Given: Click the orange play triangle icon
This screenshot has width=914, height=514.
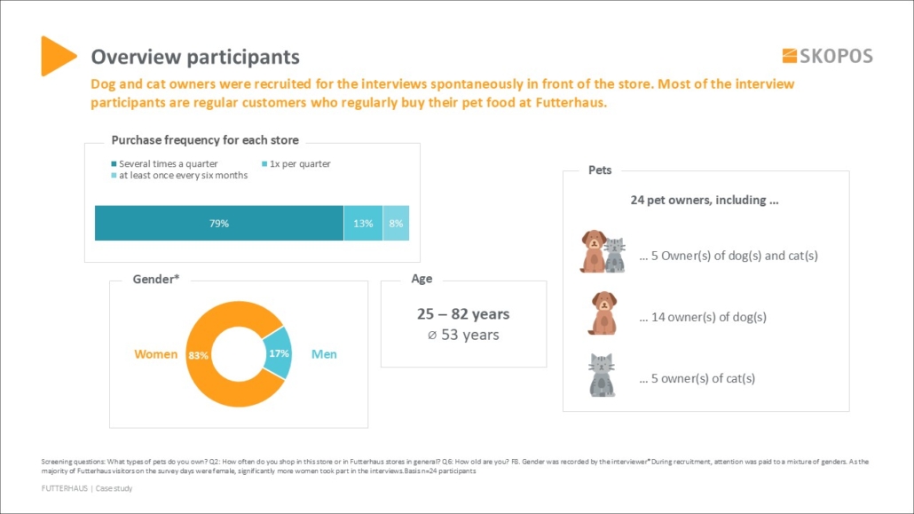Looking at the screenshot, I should [57, 56].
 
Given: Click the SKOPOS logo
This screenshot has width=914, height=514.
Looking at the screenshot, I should [827, 56].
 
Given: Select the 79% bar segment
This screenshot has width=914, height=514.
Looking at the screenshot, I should [219, 224].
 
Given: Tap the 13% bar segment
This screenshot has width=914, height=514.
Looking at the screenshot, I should [363, 224].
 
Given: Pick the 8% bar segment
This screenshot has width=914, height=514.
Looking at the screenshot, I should [396, 224].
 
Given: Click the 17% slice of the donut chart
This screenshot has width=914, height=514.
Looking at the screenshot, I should [278, 352].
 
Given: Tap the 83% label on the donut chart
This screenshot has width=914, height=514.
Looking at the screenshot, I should [198, 355].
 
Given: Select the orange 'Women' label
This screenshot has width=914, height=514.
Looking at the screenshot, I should [155, 354].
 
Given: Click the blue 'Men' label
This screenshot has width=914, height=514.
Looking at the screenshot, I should [324, 354].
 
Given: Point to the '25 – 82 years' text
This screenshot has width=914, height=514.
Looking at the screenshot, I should [463, 314].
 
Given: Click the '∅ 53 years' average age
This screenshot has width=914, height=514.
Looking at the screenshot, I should [463, 335].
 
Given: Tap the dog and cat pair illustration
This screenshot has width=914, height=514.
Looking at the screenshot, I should [603, 252].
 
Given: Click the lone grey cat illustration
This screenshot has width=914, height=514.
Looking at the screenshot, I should [602, 376].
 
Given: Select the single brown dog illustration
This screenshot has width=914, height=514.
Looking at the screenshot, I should [603, 313].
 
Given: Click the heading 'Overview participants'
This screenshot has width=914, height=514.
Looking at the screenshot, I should [195, 57].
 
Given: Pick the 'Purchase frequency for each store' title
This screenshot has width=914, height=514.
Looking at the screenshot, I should [205, 140].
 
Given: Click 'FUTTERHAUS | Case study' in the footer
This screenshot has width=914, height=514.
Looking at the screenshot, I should [87, 488].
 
